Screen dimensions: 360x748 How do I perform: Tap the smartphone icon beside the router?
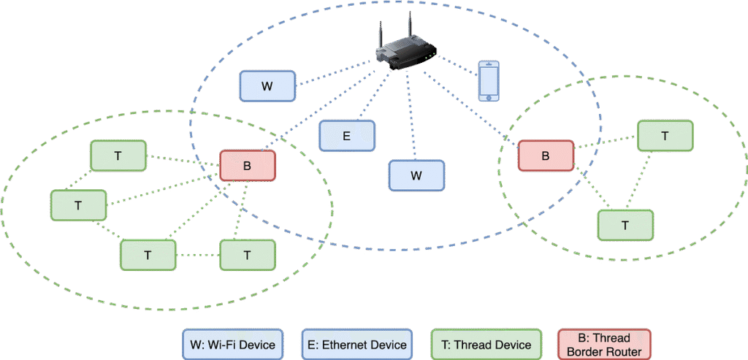488,81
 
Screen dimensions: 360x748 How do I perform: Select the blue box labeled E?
347,136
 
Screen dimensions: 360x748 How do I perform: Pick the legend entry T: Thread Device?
486,345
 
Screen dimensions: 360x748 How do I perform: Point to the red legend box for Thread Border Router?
603,345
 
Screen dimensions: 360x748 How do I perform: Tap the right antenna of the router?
411,26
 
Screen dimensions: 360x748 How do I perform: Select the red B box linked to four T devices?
247,166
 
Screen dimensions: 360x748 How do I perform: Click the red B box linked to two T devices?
545,156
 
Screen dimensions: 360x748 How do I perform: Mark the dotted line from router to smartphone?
457,67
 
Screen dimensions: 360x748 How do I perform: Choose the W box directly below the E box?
416,175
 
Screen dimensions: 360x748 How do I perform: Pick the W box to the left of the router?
267,86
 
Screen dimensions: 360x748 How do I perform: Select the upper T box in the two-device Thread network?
665,136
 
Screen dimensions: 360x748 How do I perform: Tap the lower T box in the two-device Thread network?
625,225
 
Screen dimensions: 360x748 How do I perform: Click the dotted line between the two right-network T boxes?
646,180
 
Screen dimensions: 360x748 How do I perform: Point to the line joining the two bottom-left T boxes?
198,255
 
